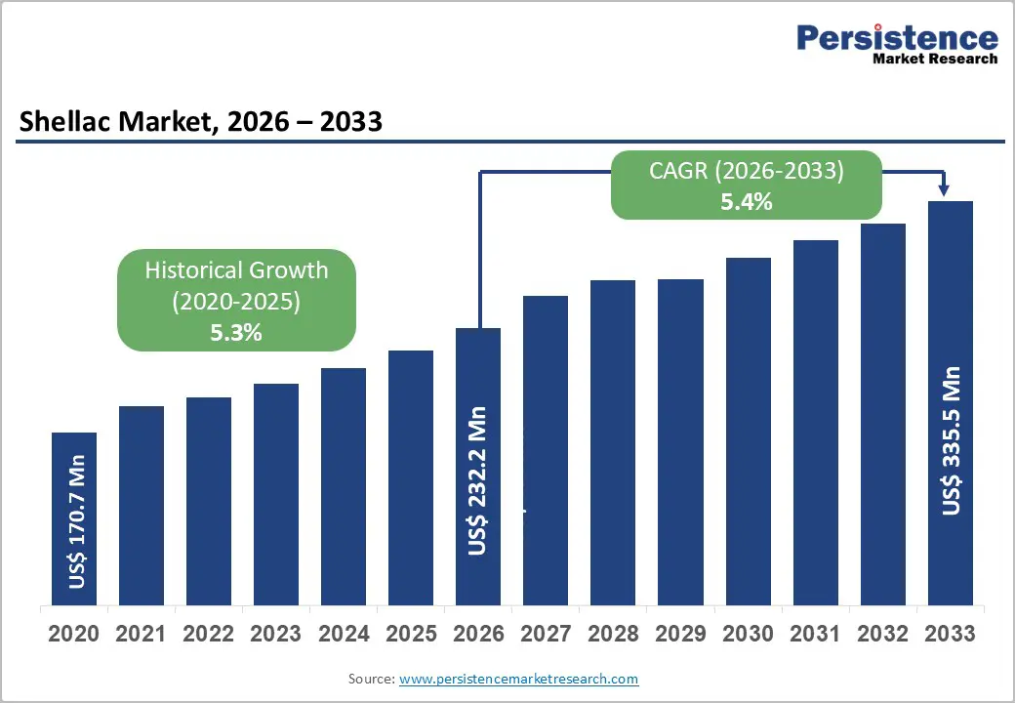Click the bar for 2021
pos(142,506)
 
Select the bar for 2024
pos(344,486)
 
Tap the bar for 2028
pos(613,442)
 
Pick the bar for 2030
pos(748,432)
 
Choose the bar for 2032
pos(882,414)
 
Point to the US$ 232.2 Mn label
pos(476,480)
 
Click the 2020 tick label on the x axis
pos(74,635)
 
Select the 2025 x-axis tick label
pos(411,635)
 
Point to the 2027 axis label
pos(546,635)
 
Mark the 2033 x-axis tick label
pos(950,635)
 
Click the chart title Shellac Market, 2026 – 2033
pos(200,122)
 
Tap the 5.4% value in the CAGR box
pos(747,202)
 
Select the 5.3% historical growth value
pos(236,332)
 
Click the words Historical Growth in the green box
pos(236,270)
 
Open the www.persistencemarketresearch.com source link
pos(518,679)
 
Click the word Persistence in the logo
pos(897,38)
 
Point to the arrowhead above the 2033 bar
pos(944,189)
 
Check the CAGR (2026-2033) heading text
pos(747,171)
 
